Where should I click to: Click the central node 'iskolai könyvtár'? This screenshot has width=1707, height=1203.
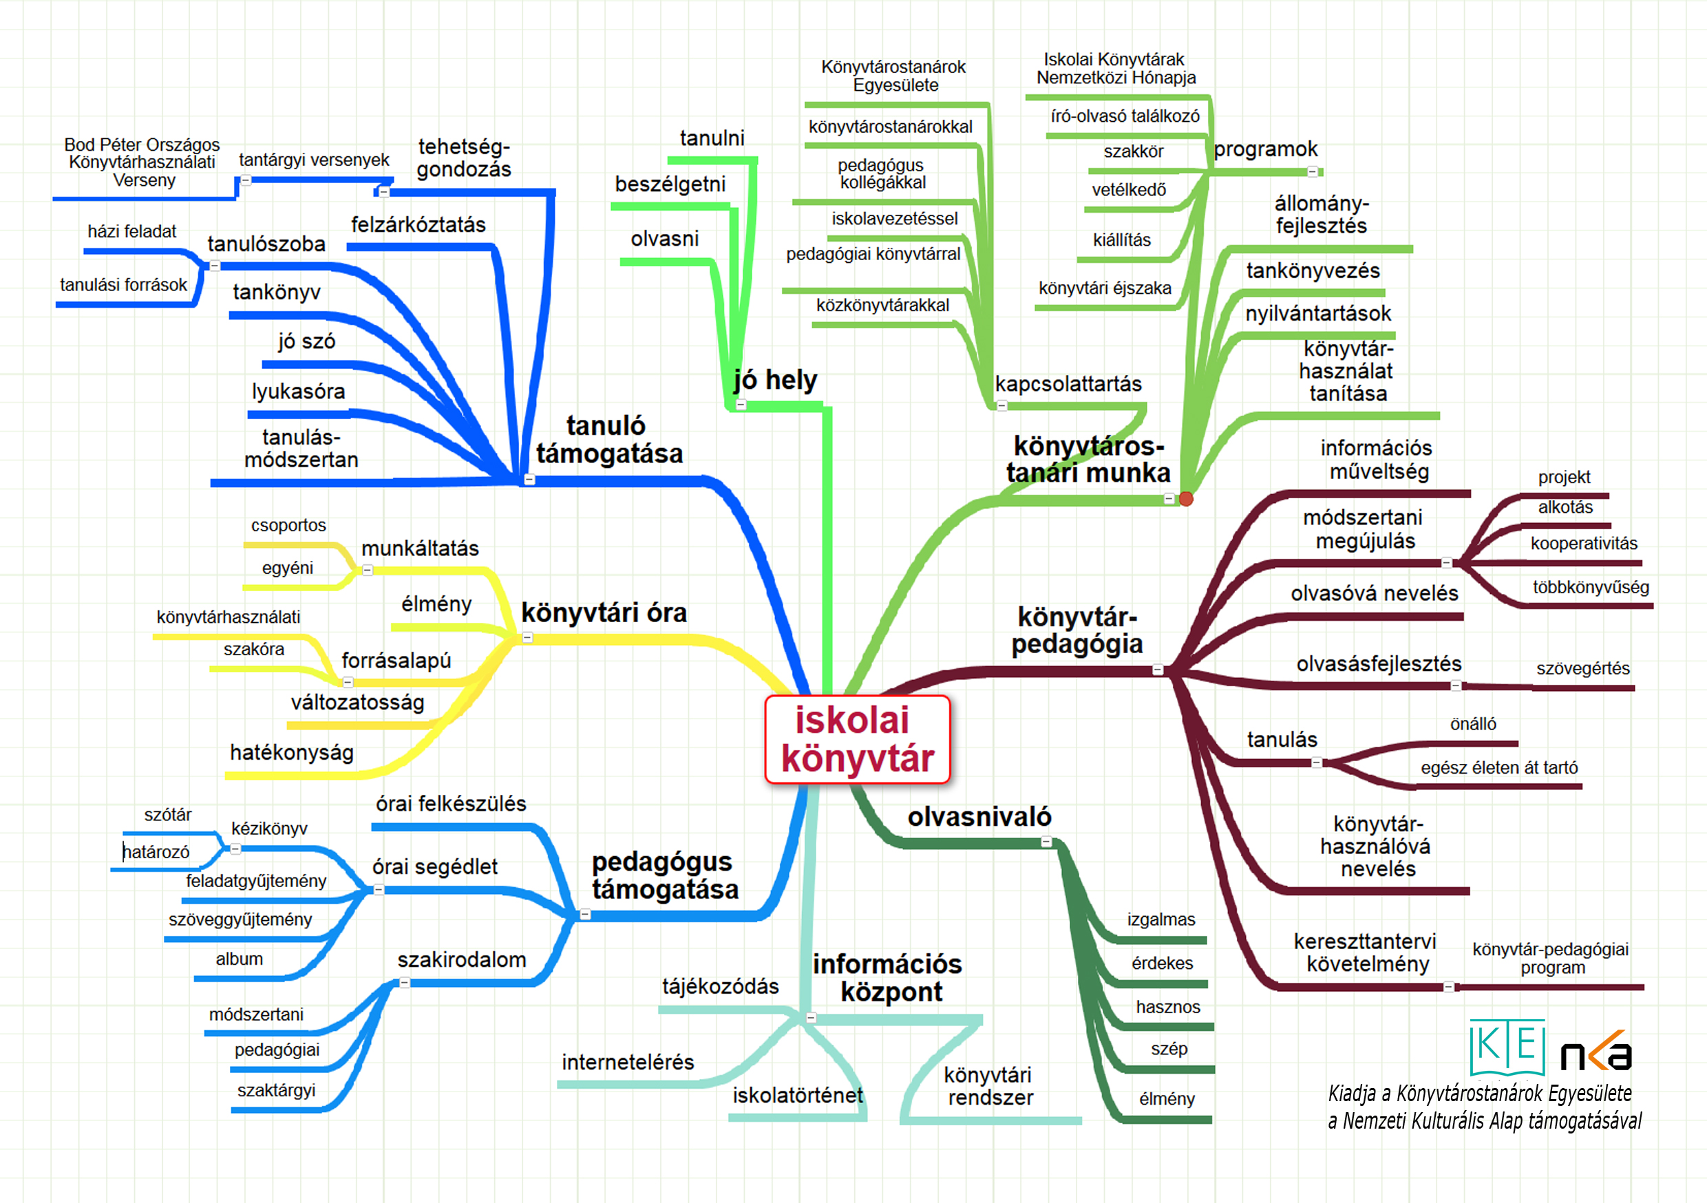click(x=857, y=739)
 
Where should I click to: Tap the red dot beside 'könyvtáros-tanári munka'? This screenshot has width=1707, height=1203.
click(x=1186, y=499)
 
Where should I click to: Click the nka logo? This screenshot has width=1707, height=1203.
click(x=1595, y=1052)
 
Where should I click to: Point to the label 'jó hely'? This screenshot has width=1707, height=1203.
click(x=776, y=380)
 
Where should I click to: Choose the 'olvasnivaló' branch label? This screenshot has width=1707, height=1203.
click(x=979, y=817)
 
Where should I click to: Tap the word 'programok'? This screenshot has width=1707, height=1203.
click(x=1265, y=149)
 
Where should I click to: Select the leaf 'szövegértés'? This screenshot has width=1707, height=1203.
click(x=1583, y=668)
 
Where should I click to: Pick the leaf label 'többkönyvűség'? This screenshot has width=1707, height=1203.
click(x=1590, y=587)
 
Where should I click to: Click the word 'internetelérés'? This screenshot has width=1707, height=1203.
click(x=628, y=1062)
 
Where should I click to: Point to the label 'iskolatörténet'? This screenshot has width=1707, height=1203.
click(x=798, y=1095)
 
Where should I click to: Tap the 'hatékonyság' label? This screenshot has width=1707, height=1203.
click(x=291, y=752)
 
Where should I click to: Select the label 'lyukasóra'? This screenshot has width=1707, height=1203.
click(x=298, y=391)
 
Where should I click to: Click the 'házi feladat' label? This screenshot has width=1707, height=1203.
click(x=131, y=231)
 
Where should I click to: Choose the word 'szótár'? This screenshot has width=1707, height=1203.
click(x=167, y=815)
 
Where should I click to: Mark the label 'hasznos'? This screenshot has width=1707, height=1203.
click(x=1168, y=1007)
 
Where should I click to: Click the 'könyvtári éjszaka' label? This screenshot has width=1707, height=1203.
click(x=1105, y=288)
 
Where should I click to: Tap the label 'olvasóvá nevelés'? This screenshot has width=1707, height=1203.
click(x=1374, y=593)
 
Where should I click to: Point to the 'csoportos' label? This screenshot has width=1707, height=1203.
click(x=288, y=525)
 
